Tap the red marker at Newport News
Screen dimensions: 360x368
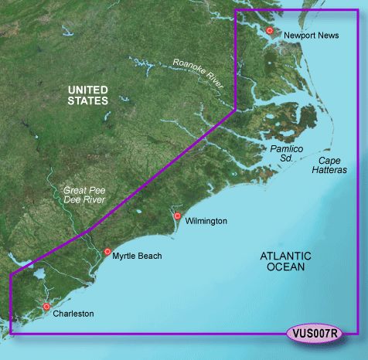[270, 31]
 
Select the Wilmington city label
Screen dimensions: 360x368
[206, 221]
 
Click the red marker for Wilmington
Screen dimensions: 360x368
[177, 216]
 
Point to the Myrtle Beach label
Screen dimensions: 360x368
[137, 256]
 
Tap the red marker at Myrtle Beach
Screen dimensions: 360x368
[107, 251]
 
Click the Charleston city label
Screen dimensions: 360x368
[73, 314]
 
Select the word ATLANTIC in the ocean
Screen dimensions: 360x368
[284, 256]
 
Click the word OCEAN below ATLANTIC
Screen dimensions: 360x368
[284, 267]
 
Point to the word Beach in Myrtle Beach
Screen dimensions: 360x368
[149, 256]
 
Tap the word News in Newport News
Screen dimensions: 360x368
[329, 36]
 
